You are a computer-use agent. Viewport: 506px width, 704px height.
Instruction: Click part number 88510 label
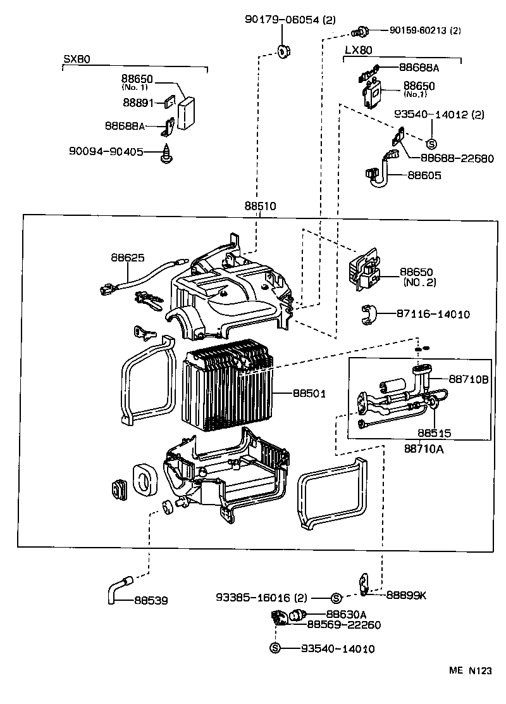coord(261,206)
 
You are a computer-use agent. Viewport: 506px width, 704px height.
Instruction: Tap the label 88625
coord(128,258)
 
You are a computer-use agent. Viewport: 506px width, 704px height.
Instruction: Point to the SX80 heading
coord(77,59)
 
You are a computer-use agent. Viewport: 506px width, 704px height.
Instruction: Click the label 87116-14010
coord(433,314)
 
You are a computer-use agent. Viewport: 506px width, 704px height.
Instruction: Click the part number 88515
coord(434,434)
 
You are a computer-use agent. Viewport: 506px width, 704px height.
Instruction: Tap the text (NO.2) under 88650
coord(419,282)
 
